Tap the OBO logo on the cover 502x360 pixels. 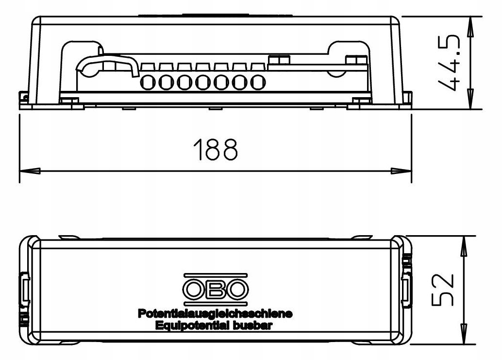tap(215, 289)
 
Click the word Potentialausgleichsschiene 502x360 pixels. tap(215, 314)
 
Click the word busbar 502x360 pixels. tap(255, 326)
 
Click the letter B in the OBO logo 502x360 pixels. tap(215, 290)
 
